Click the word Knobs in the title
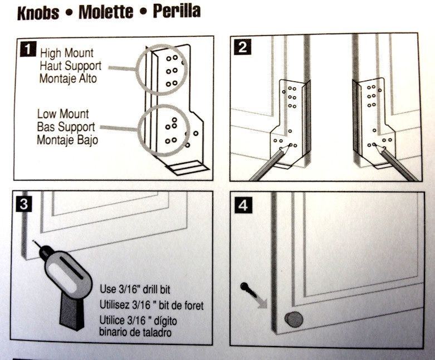click(x=38, y=13)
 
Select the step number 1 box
click(x=26, y=48)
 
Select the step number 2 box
click(x=242, y=47)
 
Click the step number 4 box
click(x=242, y=205)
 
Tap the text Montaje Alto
click(x=68, y=79)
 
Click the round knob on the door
click(x=294, y=320)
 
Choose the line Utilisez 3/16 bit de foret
click(x=151, y=305)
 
